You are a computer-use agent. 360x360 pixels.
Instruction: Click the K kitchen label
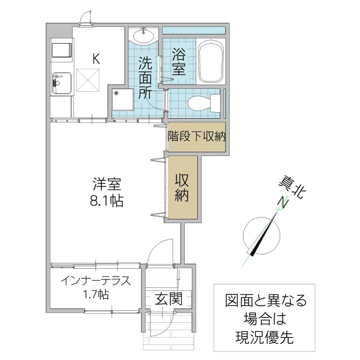[95, 58]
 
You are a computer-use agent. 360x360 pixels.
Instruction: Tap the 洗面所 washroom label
[145, 77]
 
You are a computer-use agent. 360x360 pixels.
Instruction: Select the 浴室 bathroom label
[178, 61]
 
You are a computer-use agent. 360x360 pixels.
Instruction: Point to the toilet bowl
[198, 104]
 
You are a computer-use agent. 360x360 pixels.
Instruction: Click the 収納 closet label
[182, 187]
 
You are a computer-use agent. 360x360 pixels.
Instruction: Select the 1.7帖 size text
[95, 295]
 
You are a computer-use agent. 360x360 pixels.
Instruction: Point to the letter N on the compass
[280, 203]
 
